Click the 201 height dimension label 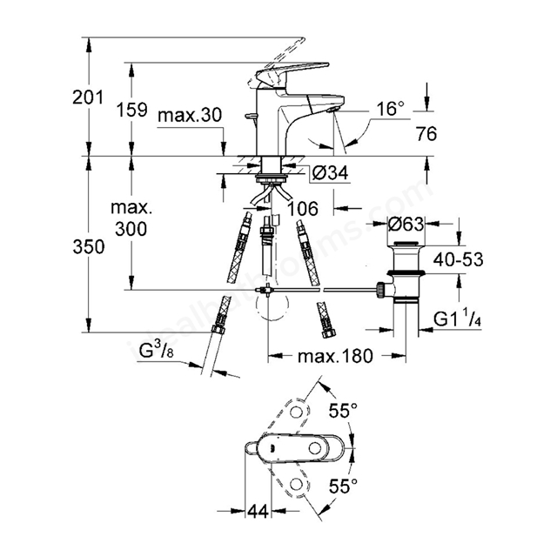pyautogui.click(x=88, y=97)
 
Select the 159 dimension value pyautogui.click(x=131, y=110)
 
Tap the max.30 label pyautogui.click(x=190, y=115)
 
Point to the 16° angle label pyautogui.click(x=391, y=108)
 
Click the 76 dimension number pyautogui.click(x=426, y=134)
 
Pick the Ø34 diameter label pyautogui.click(x=330, y=173)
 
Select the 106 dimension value pyautogui.click(x=303, y=209)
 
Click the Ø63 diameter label pyautogui.click(x=406, y=225)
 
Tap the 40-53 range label pyautogui.click(x=459, y=259)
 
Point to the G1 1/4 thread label pyautogui.click(x=458, y=319)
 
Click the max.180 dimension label pyautogui.click(x=335, y=356)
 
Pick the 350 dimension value pyautogui.click(x=89, y=246)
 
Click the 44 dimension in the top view pyautogui.click(x=258, y=512)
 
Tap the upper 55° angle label pyautogui.click(x=343, y=411)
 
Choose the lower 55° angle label pyautogui.click(x=343, y=486)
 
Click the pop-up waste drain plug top pyautogui.click(x=406, y=244)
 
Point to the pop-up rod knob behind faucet pyautogui.click(x=251, y=116)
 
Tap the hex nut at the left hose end pyautogui.click(x=217, y=330)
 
